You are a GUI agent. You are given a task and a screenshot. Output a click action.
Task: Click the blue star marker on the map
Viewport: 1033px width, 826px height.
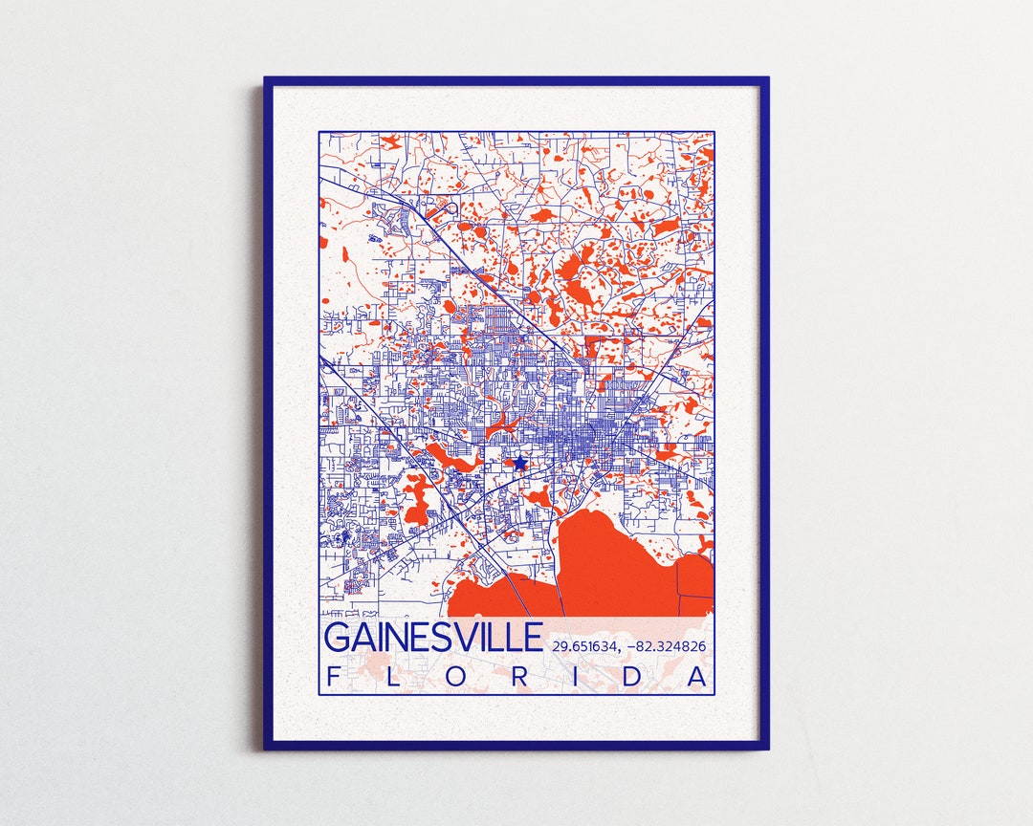[x=518, y=463]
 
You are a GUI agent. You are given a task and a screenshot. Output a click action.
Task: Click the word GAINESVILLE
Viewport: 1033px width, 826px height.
[x=433, y=638]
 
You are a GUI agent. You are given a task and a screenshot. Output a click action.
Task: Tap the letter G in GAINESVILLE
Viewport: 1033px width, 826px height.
[x=338, y=638]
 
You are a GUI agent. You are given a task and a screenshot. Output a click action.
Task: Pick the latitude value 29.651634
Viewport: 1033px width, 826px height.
[x=584, y=647]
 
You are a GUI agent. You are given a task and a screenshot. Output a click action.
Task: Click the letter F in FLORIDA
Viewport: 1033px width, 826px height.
[x=333, y=677]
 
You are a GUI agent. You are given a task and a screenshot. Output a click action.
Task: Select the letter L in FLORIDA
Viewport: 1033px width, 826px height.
[x=396, y=677]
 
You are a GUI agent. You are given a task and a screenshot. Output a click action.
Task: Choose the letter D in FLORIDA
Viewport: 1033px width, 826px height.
[x=639, y=677]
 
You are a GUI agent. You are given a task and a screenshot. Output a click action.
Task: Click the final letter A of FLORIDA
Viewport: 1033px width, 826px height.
[x=699, y=677]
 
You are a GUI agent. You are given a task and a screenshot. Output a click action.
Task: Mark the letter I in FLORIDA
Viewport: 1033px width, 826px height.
[x=581, y=677]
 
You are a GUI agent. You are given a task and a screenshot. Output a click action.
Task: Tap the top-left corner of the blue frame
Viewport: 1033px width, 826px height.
[x=267, y=79]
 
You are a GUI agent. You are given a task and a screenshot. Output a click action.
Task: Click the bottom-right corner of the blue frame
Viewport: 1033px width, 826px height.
[x=766, y=747]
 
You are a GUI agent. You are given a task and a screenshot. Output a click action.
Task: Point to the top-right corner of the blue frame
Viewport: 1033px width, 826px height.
[x=766, y=79]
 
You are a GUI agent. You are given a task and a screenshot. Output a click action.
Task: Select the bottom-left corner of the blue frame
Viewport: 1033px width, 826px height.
[x=267, y=747]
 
